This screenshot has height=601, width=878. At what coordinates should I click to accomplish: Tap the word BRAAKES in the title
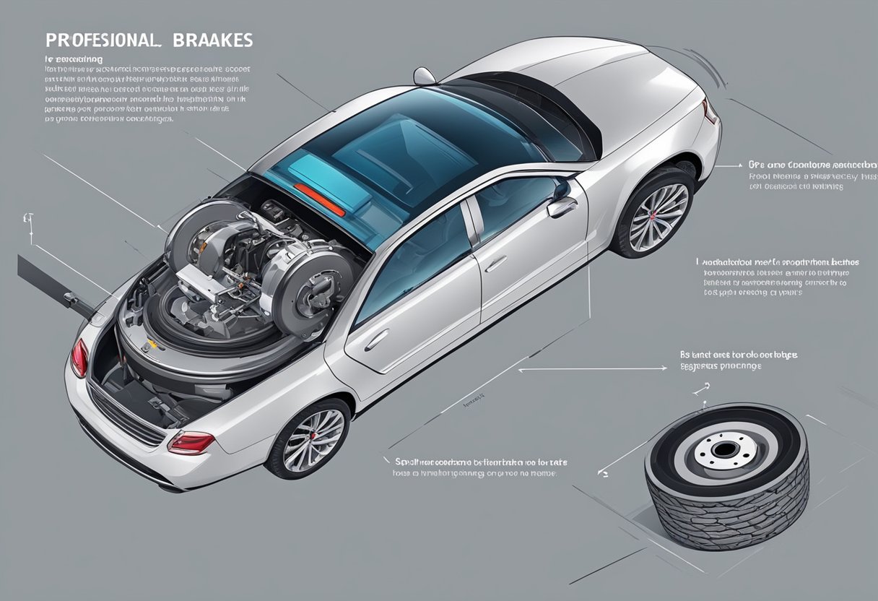point(214,40)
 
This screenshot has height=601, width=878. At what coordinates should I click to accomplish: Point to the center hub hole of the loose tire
point(723,450)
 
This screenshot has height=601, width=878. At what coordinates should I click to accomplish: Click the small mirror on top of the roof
point(425,75)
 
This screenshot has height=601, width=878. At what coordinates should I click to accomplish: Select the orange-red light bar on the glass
point(319,199)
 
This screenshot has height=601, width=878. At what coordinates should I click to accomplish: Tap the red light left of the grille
point(79,358)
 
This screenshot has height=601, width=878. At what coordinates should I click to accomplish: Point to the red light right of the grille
point(191,442)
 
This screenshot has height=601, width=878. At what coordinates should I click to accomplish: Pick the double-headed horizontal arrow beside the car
point(592,369)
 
